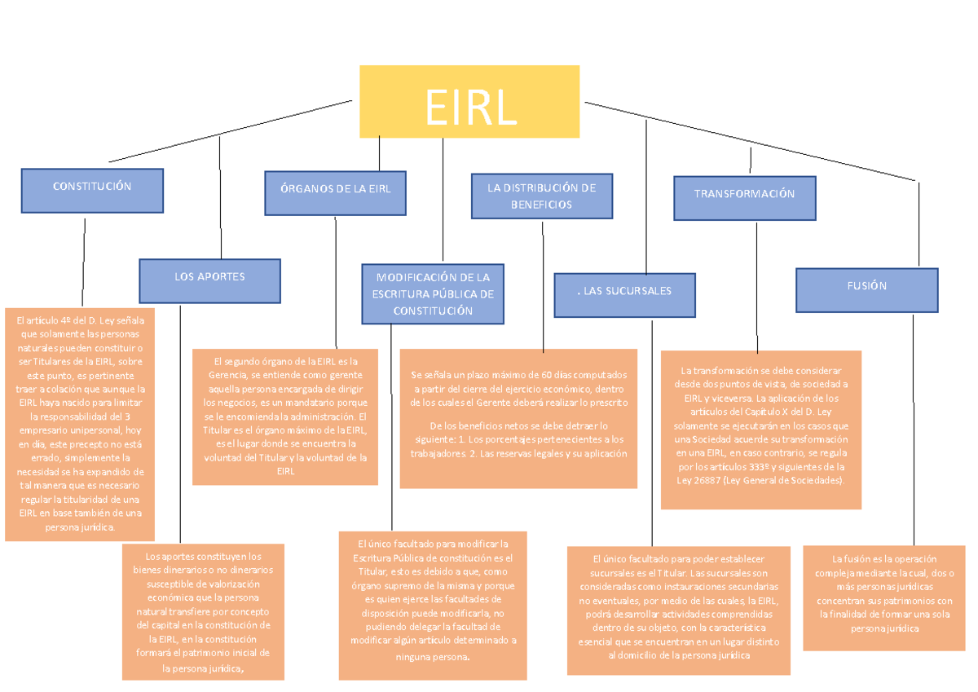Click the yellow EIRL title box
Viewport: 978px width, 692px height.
point(469,101)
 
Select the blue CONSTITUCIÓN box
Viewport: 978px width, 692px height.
point(92,191)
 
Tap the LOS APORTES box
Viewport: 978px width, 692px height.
point(209,280)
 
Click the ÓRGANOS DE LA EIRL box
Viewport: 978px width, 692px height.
point(336,192)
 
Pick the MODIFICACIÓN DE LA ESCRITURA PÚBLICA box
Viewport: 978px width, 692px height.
point(433,293)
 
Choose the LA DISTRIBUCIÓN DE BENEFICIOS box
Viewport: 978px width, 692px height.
point(541,196)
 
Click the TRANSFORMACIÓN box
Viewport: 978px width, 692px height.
point(744,198)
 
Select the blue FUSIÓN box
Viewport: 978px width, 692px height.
point(866,290)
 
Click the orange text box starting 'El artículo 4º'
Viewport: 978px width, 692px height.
point(79,424)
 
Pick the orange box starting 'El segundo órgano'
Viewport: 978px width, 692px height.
point(285,417)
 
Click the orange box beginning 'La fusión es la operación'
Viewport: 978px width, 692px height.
point(884,597)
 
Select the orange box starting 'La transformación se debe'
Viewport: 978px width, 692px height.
point(760,430)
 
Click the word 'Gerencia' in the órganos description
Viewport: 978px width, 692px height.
point(226,375)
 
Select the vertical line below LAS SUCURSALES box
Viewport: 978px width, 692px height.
point(652,432)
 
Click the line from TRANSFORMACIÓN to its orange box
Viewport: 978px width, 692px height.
point(757,285)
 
